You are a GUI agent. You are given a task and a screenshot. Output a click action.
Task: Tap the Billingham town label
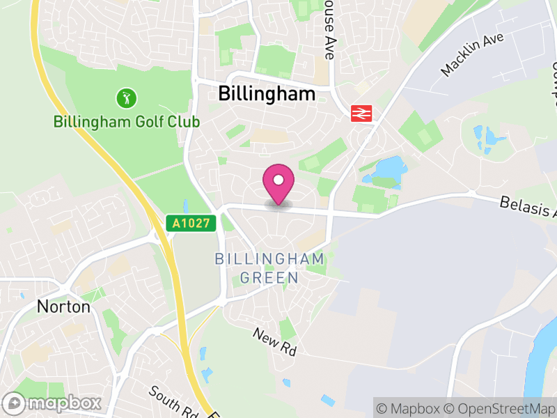[x=267, y=94]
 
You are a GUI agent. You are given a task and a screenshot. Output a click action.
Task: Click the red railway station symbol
[x=362, y=112]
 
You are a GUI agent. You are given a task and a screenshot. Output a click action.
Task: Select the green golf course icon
[x=125, y=98]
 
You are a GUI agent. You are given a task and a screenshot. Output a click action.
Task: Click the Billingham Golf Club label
[x=127, y=122]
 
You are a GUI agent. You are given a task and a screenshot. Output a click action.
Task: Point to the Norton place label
[x=63, y=307]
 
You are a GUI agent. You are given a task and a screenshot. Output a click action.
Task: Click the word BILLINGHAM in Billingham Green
[x=269, y=259]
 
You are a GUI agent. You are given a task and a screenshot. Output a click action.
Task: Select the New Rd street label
[x=274, y=342]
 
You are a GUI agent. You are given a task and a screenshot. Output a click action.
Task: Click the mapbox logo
[x=53, y=403]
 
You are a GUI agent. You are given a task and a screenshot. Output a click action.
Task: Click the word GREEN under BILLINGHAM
[x=269, y=277]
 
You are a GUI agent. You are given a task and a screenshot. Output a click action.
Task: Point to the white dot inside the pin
[x=278, y=180]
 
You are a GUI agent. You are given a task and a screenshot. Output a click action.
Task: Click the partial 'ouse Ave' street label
[x=329, y=31]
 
